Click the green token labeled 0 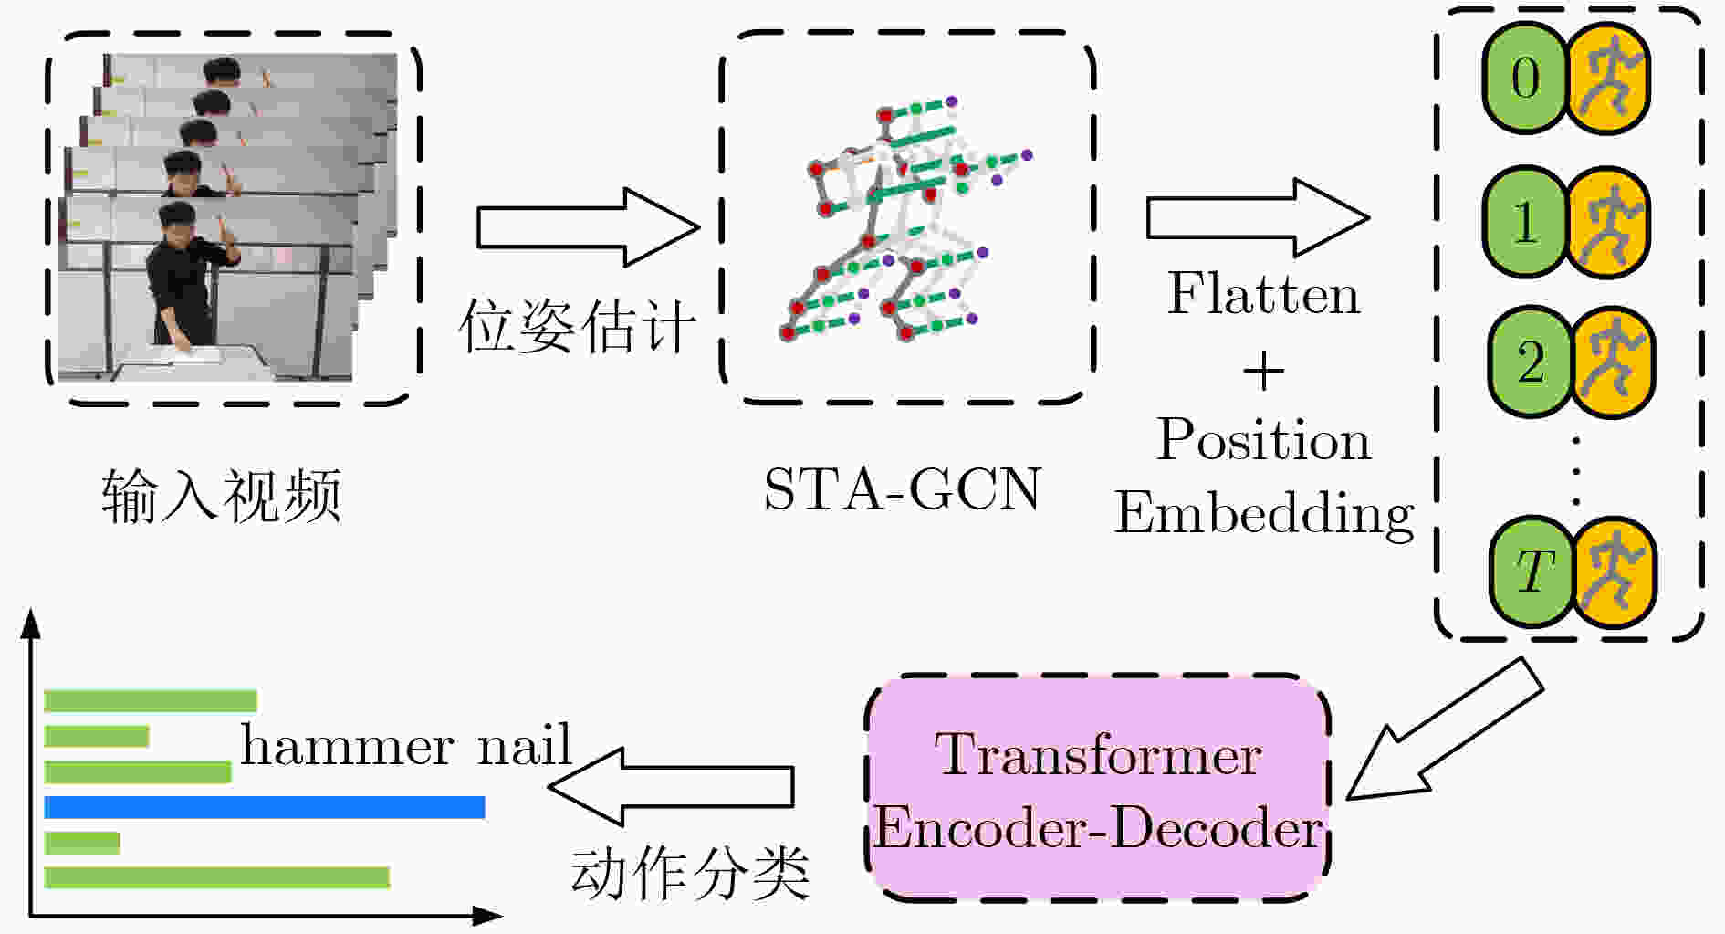pos(1525,78)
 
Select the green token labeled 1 pos(1525,222)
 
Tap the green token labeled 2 pos(1531,362)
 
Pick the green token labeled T pos(1532,572)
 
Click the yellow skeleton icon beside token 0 pos(1609,78)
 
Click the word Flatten pos(1263,294)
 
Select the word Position pos(1264,440)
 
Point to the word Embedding pos(1264,514)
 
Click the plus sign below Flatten pos(1263,372)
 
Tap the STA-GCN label pos(902,489)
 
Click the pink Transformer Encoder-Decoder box pos(1097,788)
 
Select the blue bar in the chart pos(265,807)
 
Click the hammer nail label pos(405,745)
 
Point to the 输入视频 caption pos(221,497)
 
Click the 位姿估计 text pos(577,326)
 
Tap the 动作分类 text pos(690,873)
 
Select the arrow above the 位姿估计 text pos(588,227)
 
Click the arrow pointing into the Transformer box pos(1445,729)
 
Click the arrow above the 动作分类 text pos(671,786)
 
